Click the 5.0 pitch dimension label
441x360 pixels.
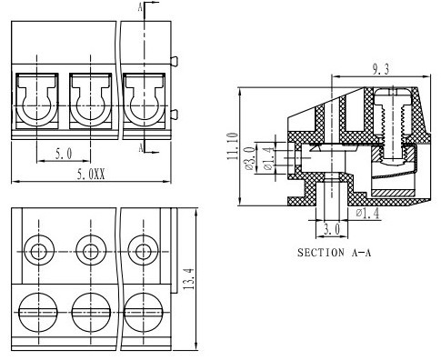(x=64, y=154)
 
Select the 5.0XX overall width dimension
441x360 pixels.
(x=91, y=175)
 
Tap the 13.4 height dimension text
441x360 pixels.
(x=189, y=279)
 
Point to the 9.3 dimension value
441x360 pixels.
(x=381, y=69)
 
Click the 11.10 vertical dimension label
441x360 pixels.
(x=233, y=146)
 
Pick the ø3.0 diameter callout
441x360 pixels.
(x=249, y=158)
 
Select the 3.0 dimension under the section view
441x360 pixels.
(x=332, y=229)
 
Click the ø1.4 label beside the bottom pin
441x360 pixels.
(x=367, y=214)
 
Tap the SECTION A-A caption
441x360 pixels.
(x=334, y=253)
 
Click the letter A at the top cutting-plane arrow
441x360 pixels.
(x=140, y=7)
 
